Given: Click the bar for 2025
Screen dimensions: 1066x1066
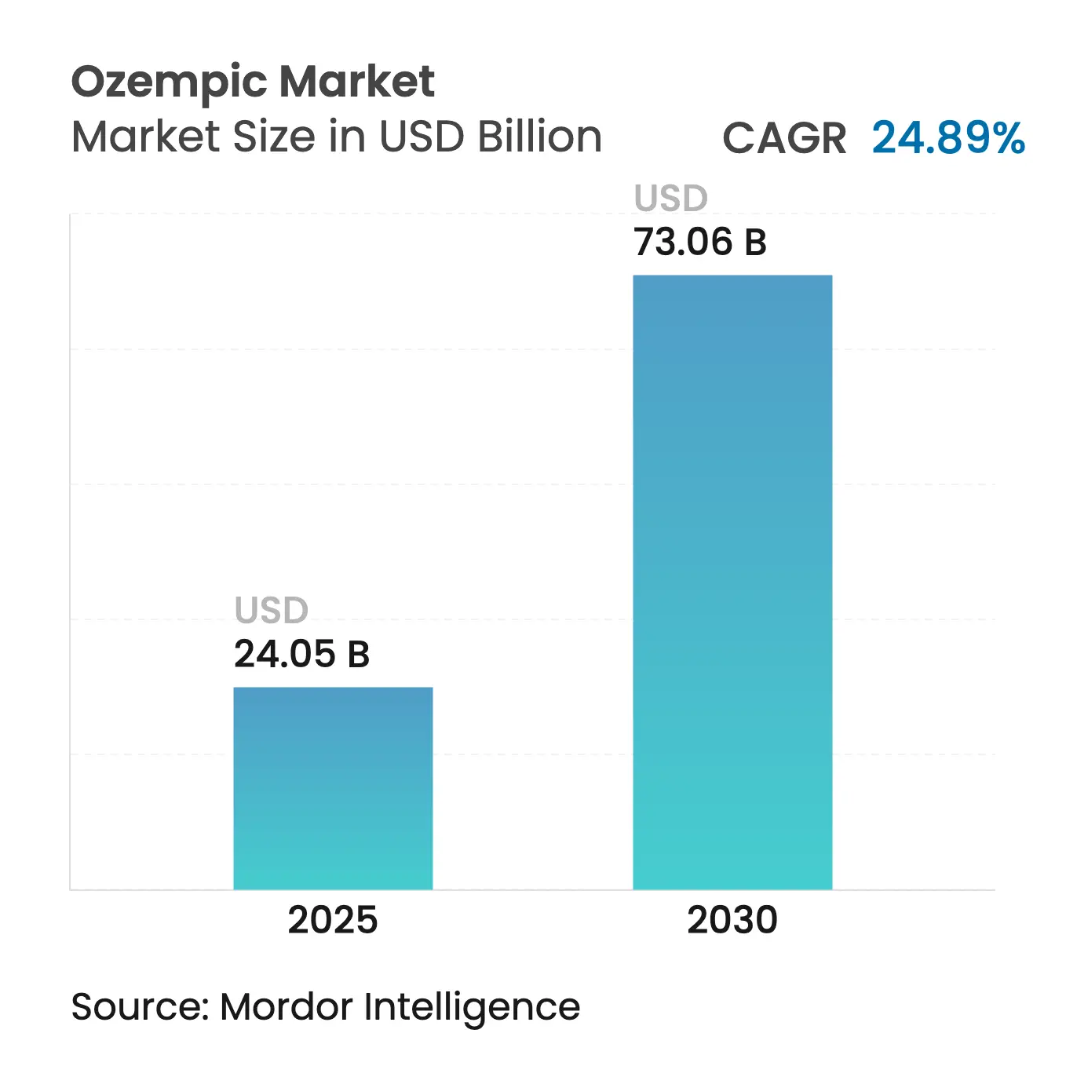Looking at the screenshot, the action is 333,788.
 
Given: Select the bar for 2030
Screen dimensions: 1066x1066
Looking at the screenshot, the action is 732,582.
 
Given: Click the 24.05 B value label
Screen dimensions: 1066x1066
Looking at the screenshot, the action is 301,654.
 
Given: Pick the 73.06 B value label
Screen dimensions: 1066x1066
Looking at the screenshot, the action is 700,242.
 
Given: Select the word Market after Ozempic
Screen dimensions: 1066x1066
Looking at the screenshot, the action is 357,82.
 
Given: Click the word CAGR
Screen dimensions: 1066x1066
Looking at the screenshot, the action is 784,137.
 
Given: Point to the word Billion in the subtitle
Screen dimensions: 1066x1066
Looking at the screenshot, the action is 540,136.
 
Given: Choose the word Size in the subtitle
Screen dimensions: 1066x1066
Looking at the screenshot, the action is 275,136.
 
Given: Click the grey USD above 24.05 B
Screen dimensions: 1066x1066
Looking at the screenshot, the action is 271,610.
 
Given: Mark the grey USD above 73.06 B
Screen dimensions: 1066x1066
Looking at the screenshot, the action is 670,198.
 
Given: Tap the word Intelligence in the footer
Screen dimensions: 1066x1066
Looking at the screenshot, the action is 472,1009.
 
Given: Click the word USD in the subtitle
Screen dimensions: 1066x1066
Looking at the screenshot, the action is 422,136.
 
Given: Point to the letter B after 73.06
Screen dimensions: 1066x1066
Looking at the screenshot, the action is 756,243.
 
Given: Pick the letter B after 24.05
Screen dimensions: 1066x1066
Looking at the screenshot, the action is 359,655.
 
